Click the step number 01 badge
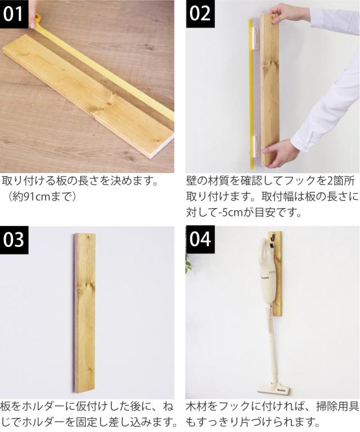14,14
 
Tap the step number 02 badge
200,14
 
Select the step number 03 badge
14,240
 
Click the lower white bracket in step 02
256,146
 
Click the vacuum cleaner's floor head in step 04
274,389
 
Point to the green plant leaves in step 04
188,264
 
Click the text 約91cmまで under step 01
41,196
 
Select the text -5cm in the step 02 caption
229,213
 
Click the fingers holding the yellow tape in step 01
34,15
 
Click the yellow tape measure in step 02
251,94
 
